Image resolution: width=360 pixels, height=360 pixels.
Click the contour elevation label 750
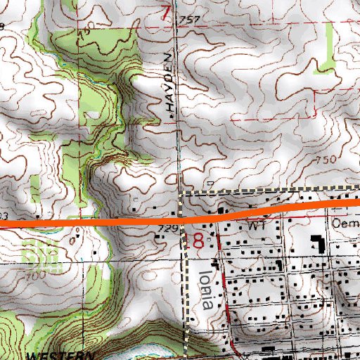[x=326, y=161]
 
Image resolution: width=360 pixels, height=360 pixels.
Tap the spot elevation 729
[x=166, y=229]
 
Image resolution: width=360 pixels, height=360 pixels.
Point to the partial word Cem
[x=345, y=221]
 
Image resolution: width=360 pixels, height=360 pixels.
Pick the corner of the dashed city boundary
[x=182, y=191]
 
